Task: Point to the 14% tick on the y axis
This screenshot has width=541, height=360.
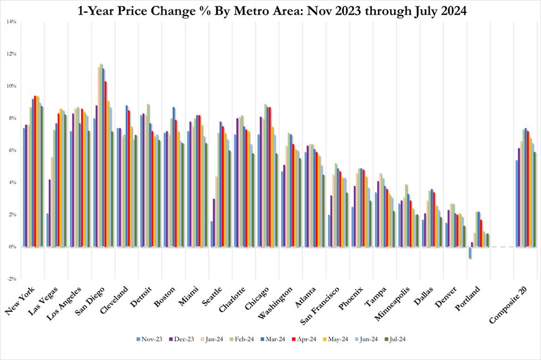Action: (11, 22)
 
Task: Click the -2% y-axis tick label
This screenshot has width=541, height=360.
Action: (11, 279)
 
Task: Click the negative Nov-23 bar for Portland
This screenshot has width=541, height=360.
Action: (471, 253)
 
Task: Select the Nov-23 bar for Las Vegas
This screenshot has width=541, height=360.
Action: (48, 230)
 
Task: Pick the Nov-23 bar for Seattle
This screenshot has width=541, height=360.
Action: (211, 234)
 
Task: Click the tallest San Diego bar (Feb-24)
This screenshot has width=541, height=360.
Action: (100, 155)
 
